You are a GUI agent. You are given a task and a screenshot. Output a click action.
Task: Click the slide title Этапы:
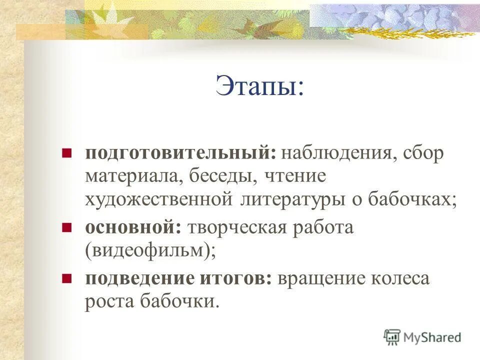pyautogui.click(x=259, y=86)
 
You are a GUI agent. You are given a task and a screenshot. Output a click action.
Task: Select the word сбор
pyautogui.click(x=424, y=153)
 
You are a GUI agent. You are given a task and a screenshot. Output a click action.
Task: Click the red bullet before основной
pyautogui.click(x=65, y=227)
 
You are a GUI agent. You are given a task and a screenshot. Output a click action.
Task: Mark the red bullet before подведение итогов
pyautogui.click(x=65, y=278)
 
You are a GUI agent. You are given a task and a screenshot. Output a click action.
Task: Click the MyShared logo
pyautogui.click(x=422, y=337)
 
